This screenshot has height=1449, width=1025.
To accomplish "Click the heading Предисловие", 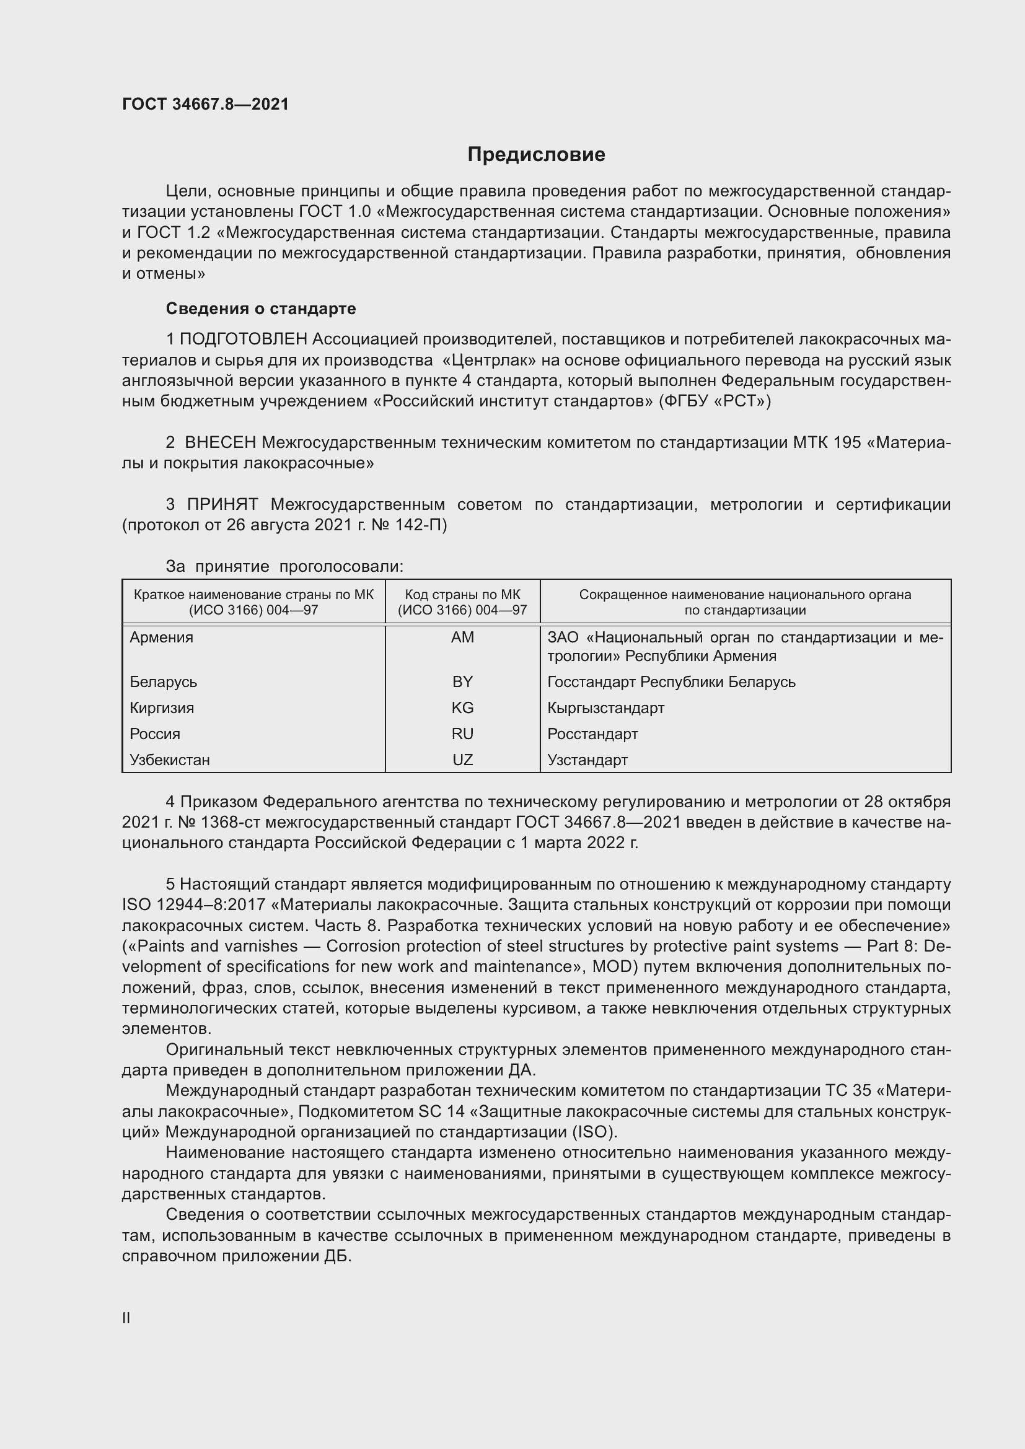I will [x=536, y=155].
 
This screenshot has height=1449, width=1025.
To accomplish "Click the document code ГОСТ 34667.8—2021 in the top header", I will [x=205, y=104].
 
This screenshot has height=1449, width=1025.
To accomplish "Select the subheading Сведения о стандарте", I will [x=261, y=309].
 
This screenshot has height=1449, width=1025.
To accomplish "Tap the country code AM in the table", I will [x=462, y=637].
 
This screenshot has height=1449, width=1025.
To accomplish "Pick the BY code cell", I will [x=462, y=681].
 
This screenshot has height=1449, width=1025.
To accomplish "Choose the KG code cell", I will [x=462, y=707].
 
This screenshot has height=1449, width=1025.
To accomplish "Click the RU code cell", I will [x=462, y=733].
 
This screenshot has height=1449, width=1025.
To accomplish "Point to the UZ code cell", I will [x=462, y=760].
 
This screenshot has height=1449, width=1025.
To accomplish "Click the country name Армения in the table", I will [x=162, y=637].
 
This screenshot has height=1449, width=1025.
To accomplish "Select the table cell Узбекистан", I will [x=169, y=760].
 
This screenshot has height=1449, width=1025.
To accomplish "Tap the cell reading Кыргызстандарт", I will [x=605, y=707].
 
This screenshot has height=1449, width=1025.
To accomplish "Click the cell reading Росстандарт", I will [x=592, y=733].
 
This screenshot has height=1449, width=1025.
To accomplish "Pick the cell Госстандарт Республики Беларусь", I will [x=671, y=681].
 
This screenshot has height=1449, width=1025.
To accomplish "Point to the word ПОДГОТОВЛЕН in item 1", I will [x=244, y=339].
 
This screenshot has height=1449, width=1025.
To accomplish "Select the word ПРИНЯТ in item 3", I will [x=222, y=504].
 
